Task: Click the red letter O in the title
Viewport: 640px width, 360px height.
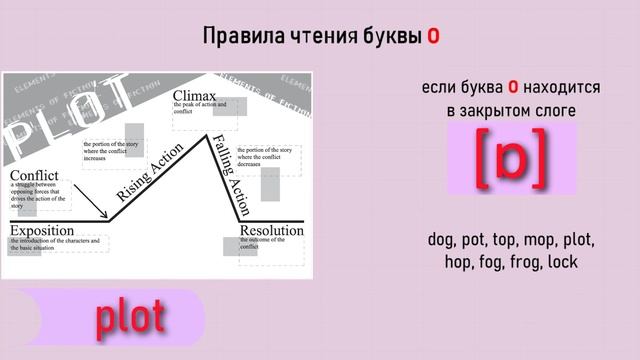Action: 433,37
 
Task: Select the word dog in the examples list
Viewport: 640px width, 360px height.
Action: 443,241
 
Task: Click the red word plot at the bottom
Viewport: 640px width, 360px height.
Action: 130,318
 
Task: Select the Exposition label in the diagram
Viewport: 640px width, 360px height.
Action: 43,232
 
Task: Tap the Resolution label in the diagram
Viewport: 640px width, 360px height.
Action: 271,232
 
